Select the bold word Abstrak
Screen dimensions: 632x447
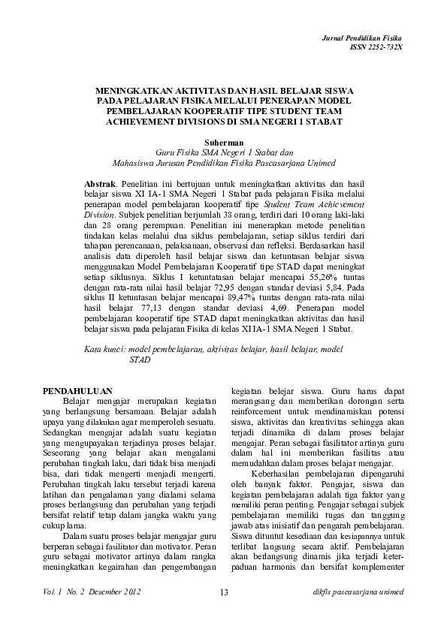[100, 183]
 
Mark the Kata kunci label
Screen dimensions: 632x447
[104, 349]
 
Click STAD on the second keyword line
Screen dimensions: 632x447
[140, 360]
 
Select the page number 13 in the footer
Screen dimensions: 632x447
[224, 594]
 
